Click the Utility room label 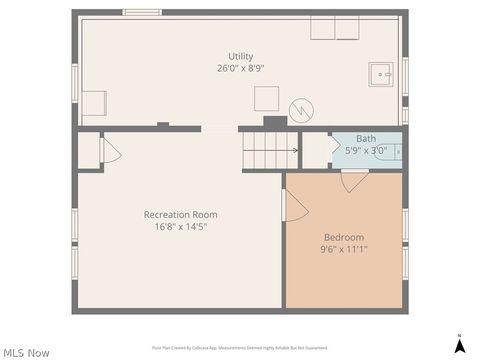tap(240, 57)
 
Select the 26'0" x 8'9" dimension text tap(240, 69)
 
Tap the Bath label tap(366, 139)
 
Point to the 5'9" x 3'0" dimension tap(366, 151)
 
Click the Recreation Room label tap(180, 215)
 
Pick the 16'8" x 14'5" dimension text tap(180, 227)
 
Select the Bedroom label tap(343, 237)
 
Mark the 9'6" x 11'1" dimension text tap(343, 249)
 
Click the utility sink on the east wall tap(381, 73)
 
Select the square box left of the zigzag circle tap(266, 99)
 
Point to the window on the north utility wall tap(142, 13)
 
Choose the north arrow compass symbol tap(459, 344)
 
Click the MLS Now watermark tap(27, 352)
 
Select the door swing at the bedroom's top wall tap(354, 181)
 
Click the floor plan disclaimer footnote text tap(240, 348)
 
